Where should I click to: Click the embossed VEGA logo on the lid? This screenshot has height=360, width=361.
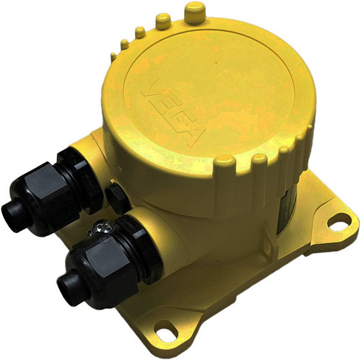[x=174, y=113]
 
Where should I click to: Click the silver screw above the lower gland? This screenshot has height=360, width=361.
[x=103, y=227]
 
